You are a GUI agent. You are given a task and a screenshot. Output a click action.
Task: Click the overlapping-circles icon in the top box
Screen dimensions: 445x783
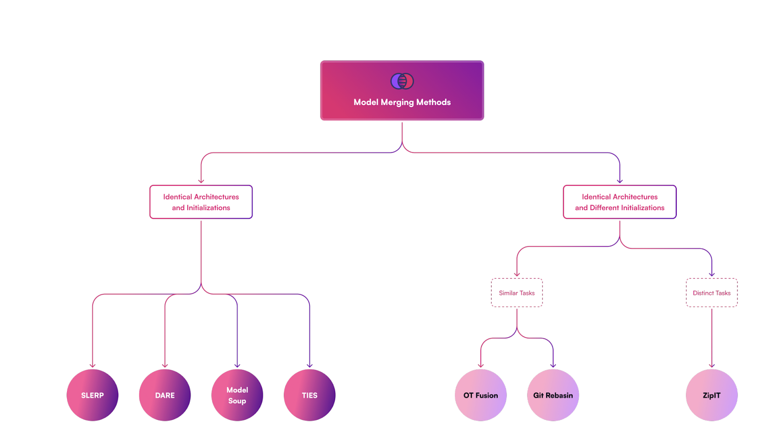point(402,81)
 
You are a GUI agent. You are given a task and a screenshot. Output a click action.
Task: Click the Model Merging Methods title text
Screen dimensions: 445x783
point(402,102)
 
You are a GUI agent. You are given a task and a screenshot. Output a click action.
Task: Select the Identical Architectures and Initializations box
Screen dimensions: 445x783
point(201,202)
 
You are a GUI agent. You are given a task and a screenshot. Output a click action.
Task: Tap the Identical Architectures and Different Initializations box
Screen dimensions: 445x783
point(620,202)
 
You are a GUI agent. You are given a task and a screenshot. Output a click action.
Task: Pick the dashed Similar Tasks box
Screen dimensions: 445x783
point(517,293)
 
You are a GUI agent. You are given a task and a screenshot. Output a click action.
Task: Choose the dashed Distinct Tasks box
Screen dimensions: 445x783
point(712,293)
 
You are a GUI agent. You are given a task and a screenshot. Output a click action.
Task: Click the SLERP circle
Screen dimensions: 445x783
point(92,395)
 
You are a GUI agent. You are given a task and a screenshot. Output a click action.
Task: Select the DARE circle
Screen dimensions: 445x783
point(165,395)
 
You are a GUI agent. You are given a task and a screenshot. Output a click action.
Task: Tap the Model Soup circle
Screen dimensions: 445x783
point(237,395)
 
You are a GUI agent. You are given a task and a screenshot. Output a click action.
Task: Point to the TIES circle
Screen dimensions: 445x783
point(310,395)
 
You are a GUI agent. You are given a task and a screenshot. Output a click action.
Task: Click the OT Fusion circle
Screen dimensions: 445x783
point(481,395)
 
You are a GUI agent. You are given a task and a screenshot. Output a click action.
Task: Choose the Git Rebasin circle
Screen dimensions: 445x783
point(553,395)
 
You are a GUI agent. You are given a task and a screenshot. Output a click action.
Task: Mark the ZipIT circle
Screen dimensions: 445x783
point(712,395)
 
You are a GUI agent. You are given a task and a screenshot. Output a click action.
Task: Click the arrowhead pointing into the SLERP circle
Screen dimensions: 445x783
point(92,365)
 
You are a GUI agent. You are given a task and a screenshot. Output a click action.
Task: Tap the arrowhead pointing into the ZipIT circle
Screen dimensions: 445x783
point(712,365)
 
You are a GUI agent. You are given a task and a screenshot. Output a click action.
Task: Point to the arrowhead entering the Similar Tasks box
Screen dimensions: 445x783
point(517,274)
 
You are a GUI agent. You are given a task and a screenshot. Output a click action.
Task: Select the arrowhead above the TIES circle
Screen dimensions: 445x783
point(310,365)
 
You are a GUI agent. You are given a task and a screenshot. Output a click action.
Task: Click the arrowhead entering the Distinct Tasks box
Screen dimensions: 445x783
point(712,274)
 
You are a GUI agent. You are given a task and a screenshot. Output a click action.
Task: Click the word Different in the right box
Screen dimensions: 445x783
point(604,208)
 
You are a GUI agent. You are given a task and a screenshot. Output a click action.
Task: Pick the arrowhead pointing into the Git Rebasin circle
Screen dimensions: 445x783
point(553,365)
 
